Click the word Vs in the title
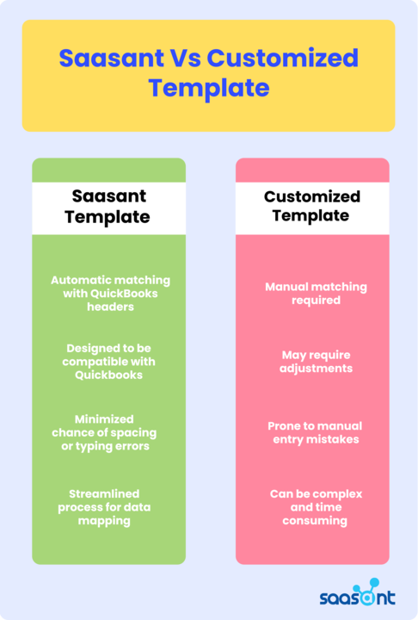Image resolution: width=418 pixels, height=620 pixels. pyautogui.click(x=185, y=58)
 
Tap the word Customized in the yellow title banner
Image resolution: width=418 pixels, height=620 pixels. pyautogui.click(x=282, y=58)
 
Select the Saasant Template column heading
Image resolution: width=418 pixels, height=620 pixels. pyautogui.click(x=108, y=207)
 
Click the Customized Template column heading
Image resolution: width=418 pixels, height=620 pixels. pyautogui.click(x=311, y=206)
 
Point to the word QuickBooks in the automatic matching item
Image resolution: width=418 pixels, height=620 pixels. pyautogui.click(x=124, y=294)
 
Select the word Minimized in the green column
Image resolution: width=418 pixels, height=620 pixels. pyautogui.click(x=104, y=419)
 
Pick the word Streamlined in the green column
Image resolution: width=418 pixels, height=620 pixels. pyautogui.click(x=104, y=493)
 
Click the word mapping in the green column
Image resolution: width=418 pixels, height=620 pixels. pyautogui.click(x=104, y=521)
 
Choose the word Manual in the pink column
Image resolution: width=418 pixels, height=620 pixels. pyautogui.click(x=282, y=287)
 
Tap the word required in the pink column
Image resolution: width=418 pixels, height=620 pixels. pyautogui.click(x=316, y=301)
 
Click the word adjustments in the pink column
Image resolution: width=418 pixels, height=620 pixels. pyautogui.click(x=316, y=369)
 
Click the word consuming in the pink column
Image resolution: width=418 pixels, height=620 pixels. pyautogui.click(x=315, y=521)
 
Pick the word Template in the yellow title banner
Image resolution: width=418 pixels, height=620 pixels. pyautogui.click(x=209, y=88)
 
